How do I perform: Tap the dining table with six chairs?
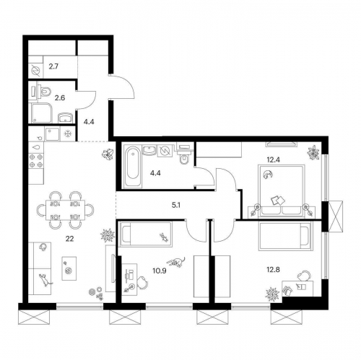click(65, 209)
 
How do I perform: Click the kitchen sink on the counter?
click(52, 133)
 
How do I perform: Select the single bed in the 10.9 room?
click(146, 234)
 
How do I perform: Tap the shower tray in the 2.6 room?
click(39, 114)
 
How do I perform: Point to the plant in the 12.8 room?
click(274, 294)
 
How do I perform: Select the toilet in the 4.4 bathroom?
click(184, 157)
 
